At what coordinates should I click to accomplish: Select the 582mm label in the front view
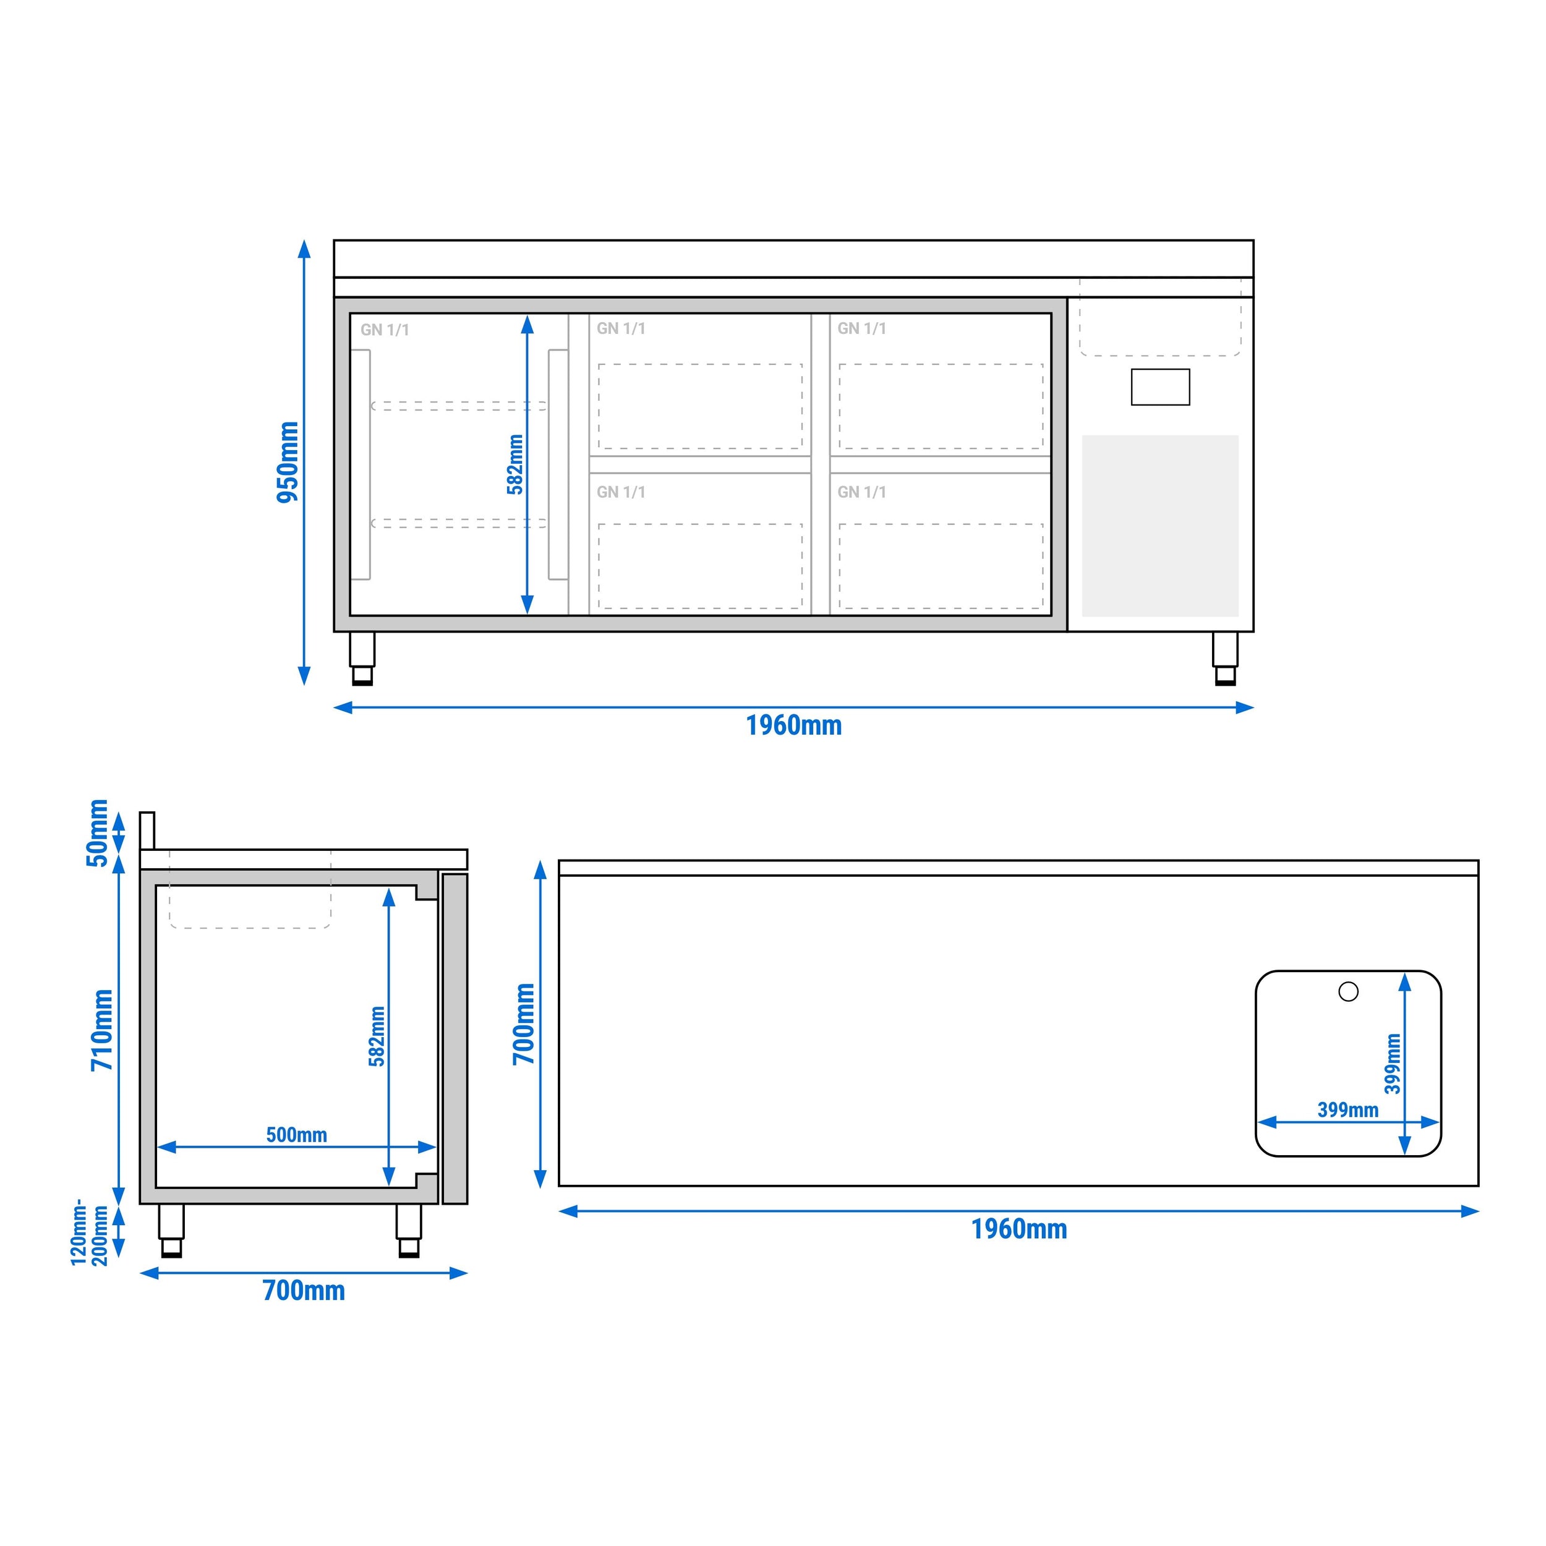(515, 464)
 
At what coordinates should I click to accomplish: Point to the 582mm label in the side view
(377, 1036)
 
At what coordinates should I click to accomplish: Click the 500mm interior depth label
(296, 1135)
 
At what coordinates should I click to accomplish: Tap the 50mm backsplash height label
(98, 832)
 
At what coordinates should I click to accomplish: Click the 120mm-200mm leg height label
(89, 1232)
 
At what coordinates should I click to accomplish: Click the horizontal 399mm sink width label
(1347, 1110)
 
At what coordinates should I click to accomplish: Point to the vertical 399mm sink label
(1393, 1064)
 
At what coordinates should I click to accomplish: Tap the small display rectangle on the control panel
(1159, 387)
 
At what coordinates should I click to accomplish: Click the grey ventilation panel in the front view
(1159, 526)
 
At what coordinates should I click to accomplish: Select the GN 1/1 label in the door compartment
(384, 330)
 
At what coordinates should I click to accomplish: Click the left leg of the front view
(362, 658)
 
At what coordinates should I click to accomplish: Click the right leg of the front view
(1224, 658)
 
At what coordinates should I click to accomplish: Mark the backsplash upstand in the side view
(147, 830)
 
